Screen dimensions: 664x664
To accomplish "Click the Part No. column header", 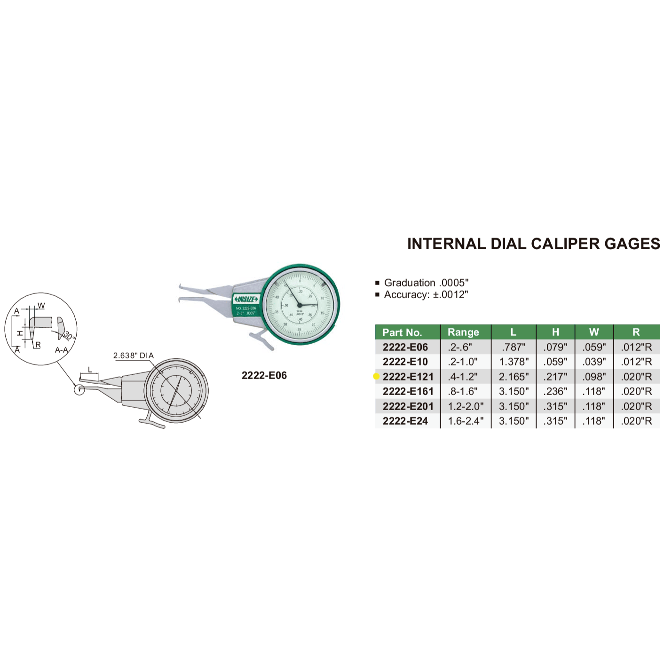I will point(402,332).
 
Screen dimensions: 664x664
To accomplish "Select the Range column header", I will point(463,332).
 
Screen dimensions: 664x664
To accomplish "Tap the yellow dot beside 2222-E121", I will point(376,376).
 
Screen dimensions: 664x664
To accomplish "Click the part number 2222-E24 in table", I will point(405,421).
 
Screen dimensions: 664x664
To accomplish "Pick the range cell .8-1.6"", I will point(463,391).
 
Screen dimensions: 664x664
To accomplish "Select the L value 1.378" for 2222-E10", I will point(514,362).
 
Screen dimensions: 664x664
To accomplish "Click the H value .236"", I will point(555,391).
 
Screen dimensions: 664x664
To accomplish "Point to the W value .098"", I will point(594,377).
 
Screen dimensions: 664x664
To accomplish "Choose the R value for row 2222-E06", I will point(636,347).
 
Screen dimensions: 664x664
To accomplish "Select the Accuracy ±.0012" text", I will point(426,294).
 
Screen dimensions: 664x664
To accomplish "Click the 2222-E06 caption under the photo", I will point(264,375).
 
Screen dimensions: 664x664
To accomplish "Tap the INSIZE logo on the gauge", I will point(246,299).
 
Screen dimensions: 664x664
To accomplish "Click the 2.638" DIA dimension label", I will point(133,356).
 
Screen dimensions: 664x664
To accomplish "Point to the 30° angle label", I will point(69,336).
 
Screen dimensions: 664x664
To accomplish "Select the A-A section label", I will point(61,350).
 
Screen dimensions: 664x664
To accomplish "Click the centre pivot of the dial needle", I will point(300,305).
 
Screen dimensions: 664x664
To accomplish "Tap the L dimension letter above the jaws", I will point(90,370).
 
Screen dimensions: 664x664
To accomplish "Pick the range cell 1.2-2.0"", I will point(466,406).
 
